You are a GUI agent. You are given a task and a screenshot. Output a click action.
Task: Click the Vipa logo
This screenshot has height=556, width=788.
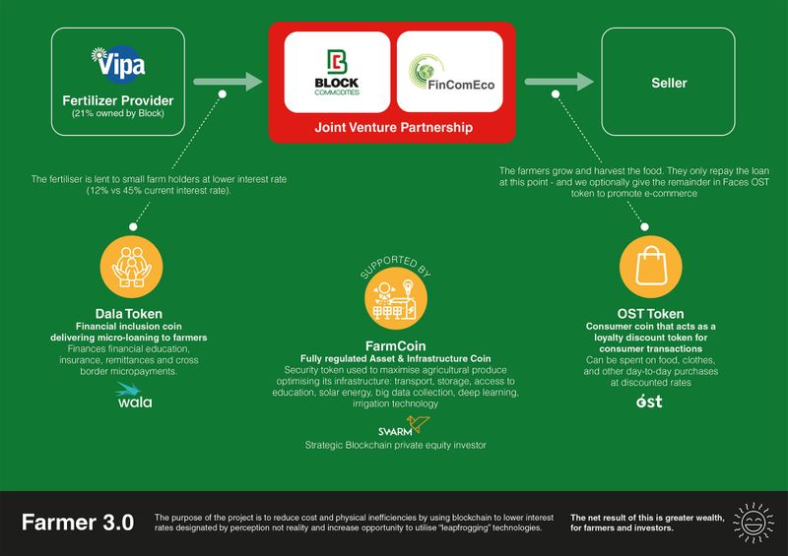(x=118, y=64)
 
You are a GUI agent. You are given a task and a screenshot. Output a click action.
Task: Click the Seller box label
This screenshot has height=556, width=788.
(x=669, y=83)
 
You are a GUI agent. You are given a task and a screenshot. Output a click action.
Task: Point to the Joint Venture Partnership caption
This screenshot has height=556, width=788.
(x=392, y=128)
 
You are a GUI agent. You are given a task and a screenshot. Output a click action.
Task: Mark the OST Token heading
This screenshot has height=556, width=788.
(x=650, y=313)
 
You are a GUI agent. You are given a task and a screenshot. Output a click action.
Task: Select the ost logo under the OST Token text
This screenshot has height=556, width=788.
(x=650, y=401)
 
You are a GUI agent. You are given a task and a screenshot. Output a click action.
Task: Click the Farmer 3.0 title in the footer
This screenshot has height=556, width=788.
(x=78, y=523)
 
